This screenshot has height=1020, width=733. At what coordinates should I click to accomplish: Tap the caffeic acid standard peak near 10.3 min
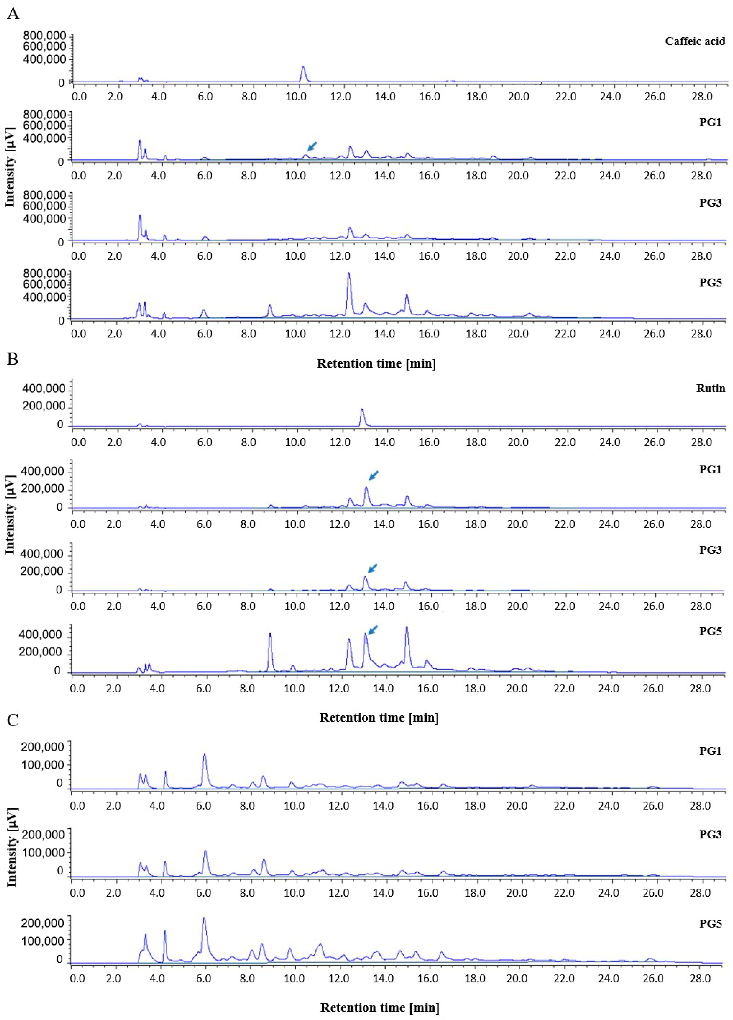click(303, 68)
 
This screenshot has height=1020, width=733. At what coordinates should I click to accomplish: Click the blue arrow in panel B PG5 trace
click(373, 630)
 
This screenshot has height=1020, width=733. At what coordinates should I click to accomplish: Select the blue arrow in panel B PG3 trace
click(373, 568)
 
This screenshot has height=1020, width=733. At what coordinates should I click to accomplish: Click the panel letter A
click(13, 14)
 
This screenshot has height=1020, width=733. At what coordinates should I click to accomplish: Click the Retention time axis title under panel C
click(379, 1007)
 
